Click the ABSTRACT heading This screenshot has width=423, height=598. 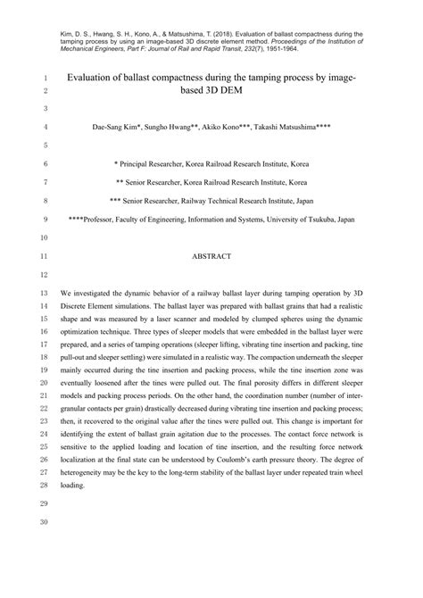tap(212, 255)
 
